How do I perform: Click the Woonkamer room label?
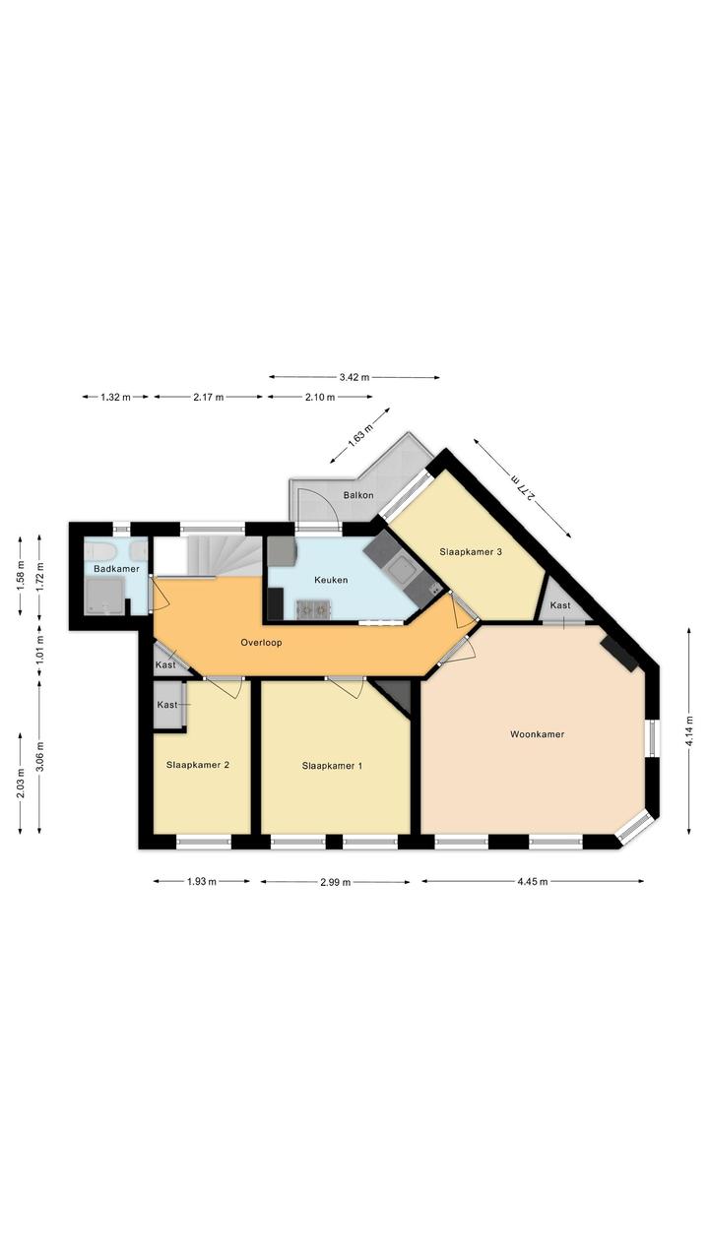(537, 734)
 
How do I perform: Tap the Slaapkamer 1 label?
(332, 766)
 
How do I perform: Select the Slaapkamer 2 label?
(197, 765)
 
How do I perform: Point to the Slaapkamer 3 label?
(470, 552)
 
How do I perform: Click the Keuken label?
(331, 580)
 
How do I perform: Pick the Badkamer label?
(116, 569)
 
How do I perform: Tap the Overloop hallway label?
(261, 643)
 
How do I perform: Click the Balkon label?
(358, 495)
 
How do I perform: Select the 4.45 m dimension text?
(532, 881)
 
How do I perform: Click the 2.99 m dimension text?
(335, 882)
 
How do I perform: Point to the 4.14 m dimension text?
(688, 730)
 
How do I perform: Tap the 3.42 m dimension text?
(354, 377)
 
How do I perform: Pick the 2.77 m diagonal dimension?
(522, 487)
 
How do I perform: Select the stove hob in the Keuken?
(314, 609)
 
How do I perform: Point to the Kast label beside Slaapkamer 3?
(560, 605)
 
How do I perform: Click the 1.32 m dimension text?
(115, 397)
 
